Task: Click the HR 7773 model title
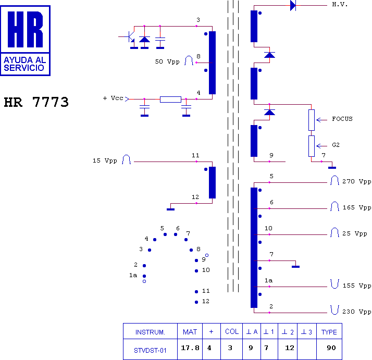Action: [x=36, y=102]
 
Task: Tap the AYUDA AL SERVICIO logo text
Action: [x=24, y=64]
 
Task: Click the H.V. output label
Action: [x=340, y=5]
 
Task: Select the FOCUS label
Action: [x=342, y=119]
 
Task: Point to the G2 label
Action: [x=336, y=145]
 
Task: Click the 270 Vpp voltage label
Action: [x=356, y=181]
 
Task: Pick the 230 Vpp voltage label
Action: [x=356, y=312]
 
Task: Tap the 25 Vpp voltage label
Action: [x=354, y=233]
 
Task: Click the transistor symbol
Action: [x=130, y=36]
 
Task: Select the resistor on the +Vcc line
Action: [x=170, y=99]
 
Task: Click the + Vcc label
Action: [x=113, y=98]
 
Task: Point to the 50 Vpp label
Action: [x=167, y=61]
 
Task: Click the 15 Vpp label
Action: [x=105, y=160]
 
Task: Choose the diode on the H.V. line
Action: [x=293, y=5]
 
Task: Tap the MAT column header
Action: [x=190, y=332]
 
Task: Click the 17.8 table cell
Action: [x=190, y=348]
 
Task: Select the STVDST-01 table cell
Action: [x=150, y=351]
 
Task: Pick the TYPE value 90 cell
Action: [x=331, y=348]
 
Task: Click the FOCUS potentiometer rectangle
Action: [x=312, y=120]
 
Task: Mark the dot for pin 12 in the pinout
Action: [x=196, y=302]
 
